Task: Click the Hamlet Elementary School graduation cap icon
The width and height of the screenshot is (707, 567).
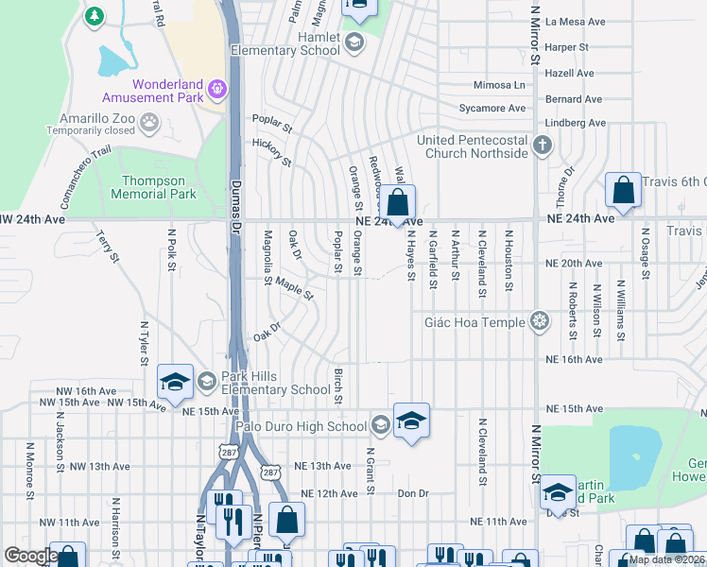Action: click(x=353, y=41)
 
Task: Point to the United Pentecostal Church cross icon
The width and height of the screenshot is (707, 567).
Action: click(x=542, y=146)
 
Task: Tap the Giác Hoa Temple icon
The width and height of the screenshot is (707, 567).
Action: click(x=540, y=322)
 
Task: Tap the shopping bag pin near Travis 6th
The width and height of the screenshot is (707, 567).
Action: click(x=624, y=191)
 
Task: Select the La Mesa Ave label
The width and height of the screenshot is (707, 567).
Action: click(x=567, y=21)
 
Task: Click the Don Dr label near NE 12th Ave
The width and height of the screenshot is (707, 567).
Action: click(x=413, y=493)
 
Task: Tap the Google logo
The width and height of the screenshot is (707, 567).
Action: click(x=31, y=556)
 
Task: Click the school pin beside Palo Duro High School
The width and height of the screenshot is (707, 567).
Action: click(x=412, y=421)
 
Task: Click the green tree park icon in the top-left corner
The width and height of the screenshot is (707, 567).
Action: click(x=94, y=16)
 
